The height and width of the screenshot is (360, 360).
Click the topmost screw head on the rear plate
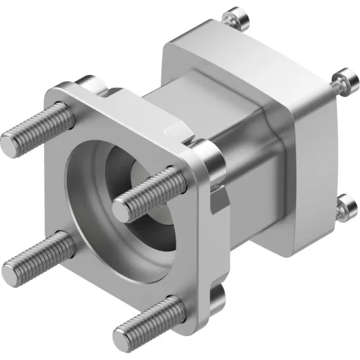(234, 14)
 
